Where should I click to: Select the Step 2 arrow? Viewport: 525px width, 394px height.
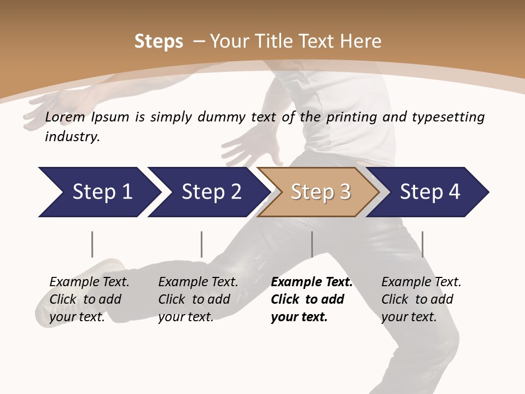(211, 192)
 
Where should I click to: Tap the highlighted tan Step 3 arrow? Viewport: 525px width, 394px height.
(320, 192)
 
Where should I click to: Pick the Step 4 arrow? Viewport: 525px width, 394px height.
(429, 192)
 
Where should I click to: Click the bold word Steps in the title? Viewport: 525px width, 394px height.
(159, 42)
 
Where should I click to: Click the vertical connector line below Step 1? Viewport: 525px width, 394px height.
(92, 244)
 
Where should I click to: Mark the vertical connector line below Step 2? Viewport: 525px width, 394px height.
(201, 244)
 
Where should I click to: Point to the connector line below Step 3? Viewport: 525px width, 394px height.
(312, 244)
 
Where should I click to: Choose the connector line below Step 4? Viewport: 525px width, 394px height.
(422, 244)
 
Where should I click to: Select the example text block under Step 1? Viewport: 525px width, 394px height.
(89, 299)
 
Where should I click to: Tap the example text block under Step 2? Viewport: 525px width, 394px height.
(197, 299)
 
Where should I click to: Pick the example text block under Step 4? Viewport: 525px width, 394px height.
(421, 299)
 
